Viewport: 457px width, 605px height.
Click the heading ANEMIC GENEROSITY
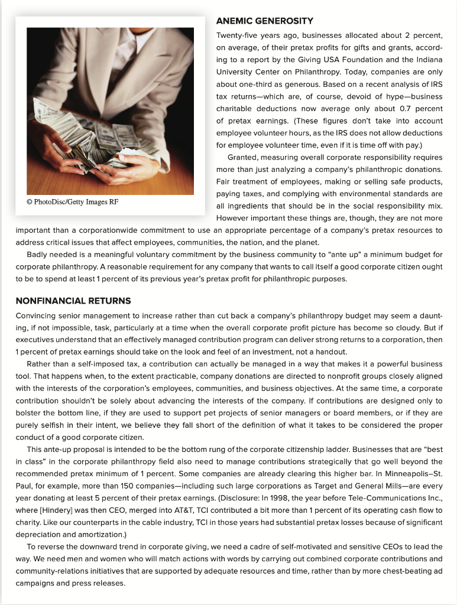[x=264, y=21]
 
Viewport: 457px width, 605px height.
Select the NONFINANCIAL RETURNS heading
[x=73, y=301]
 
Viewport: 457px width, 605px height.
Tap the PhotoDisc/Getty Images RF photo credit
[x=72, y=202]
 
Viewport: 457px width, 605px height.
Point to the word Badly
[x=37, y=255]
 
